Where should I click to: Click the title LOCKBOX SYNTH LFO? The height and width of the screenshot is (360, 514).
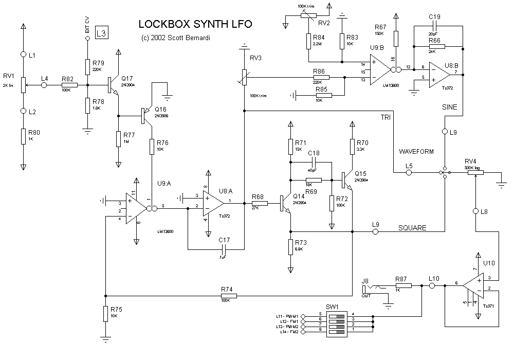(x=195, y=25)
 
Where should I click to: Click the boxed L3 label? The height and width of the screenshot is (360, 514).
(x=102, y=34)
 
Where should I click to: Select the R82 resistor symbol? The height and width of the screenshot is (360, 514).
(x=69, y=85)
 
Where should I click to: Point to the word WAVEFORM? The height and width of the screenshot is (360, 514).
(x=417, y=152)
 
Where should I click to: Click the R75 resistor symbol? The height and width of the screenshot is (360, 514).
(x=105, y=314)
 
